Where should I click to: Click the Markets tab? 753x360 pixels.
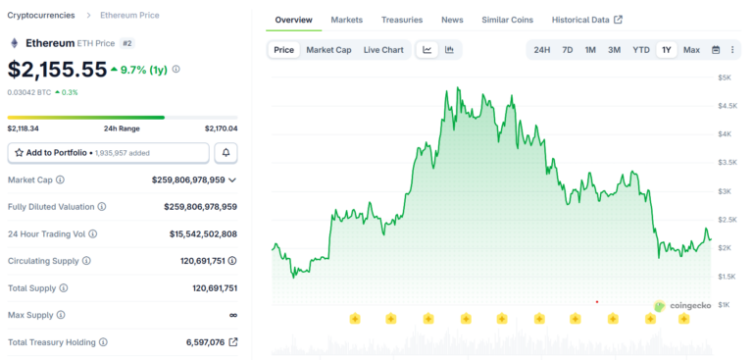pos(346,20)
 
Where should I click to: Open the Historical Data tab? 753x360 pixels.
pos(586,20)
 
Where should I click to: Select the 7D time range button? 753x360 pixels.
pos(567,50)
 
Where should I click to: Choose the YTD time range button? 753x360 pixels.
pos(640,50)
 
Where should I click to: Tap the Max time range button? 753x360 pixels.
pos(691,50)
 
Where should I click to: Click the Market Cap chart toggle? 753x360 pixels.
pos(328,50)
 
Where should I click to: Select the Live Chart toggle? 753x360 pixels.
pos(382,50)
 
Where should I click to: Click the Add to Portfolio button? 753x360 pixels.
pos(108,153)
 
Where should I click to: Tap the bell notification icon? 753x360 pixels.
pos(226,153)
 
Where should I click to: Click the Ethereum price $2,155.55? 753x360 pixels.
pos(57,70)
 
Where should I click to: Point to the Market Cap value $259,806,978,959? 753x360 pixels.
pos(188,180)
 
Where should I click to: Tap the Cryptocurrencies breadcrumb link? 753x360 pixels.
pos(41,16)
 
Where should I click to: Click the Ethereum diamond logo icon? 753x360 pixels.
pos(14,43)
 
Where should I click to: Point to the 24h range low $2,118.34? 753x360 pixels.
pos(24,129)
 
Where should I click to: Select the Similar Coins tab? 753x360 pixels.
pos(507,20)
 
